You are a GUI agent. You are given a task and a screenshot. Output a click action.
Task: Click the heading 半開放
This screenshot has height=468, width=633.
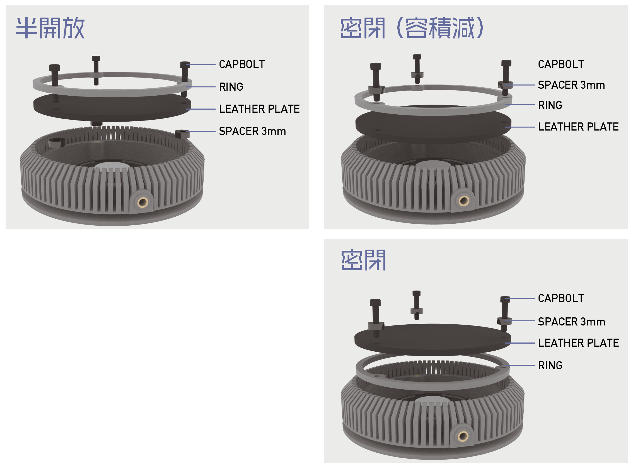pos(50,28)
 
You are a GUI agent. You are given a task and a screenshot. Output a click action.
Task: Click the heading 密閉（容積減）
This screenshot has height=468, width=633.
pos(412,28)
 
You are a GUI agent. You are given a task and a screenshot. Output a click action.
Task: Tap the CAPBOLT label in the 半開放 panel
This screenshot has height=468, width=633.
pos(242,64)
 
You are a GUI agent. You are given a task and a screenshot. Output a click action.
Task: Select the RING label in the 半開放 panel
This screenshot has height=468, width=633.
pos(231,87)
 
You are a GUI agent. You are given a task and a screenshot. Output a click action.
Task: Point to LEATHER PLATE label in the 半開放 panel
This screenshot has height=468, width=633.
pos(259,109)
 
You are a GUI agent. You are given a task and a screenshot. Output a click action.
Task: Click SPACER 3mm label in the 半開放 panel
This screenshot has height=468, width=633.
pos(252,131)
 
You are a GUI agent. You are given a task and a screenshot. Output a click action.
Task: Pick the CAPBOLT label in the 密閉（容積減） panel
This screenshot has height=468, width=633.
pos(561,64)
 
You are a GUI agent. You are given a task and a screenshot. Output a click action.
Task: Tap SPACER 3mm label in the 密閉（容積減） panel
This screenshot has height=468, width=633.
pos(571,85)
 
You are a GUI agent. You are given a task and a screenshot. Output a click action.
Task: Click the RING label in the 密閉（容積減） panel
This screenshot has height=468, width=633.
pos(550,105)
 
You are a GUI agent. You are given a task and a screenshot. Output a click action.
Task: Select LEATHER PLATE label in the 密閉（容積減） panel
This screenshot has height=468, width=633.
pos(578,127)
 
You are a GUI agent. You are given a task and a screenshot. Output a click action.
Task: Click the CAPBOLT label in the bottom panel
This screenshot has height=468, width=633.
pos(561,298)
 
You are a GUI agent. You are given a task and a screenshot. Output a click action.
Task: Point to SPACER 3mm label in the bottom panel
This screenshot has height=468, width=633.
pos(572,322)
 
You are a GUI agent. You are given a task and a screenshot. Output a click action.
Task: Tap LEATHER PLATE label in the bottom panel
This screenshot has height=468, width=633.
pos(578,343)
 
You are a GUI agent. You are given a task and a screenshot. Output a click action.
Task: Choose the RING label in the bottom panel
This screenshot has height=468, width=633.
pos(550,365)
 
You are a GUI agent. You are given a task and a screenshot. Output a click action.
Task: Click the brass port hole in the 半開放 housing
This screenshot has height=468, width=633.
pos(142,202)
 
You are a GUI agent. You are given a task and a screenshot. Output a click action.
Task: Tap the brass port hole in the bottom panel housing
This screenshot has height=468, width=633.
pos(463,436)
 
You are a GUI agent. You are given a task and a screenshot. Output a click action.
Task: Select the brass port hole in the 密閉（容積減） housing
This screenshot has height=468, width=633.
pos(464,201)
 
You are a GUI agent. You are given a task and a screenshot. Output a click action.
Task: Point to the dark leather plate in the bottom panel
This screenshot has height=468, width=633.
pos(433,340)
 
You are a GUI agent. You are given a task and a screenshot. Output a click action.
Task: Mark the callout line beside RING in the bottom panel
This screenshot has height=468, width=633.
pos(520,365)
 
